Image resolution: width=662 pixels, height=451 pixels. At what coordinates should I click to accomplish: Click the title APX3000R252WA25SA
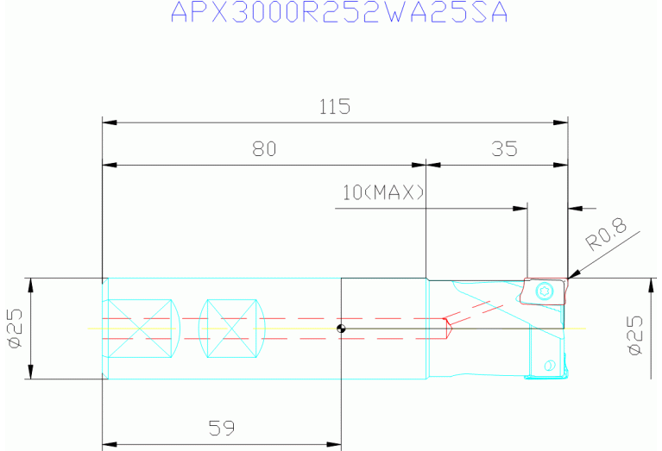[339, 14]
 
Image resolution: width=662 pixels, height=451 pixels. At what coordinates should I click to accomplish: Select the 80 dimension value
[263, 149]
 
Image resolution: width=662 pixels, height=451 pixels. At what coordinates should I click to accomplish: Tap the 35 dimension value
[504, 149]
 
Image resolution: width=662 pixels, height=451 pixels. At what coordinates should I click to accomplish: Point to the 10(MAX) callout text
[383, 192]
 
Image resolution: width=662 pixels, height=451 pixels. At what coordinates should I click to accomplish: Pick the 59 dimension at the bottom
[222, 428]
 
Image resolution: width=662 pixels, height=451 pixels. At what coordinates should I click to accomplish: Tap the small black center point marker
[342, 329]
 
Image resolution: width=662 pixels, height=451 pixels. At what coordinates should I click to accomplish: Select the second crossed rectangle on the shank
[232, 329]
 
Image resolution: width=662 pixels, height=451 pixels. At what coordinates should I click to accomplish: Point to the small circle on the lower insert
[547, 366]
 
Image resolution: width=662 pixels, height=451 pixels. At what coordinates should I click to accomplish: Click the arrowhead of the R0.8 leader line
[571, 276]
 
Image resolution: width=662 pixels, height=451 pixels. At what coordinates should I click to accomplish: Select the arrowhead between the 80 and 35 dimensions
[426, 165]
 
